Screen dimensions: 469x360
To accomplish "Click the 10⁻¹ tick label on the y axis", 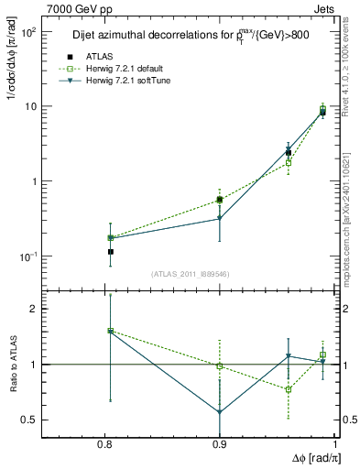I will click(x=29, y=256).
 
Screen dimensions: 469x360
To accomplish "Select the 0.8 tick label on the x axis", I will click(x=105, y=444).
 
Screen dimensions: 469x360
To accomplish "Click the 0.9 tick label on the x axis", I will click(x=220, y=444).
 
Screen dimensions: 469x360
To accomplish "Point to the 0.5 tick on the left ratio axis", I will click(x=32, y=420).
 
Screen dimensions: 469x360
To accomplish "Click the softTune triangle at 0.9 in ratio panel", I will click(x=220, y=412).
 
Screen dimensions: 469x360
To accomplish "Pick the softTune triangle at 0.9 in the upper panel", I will click(x=220, y=218).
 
